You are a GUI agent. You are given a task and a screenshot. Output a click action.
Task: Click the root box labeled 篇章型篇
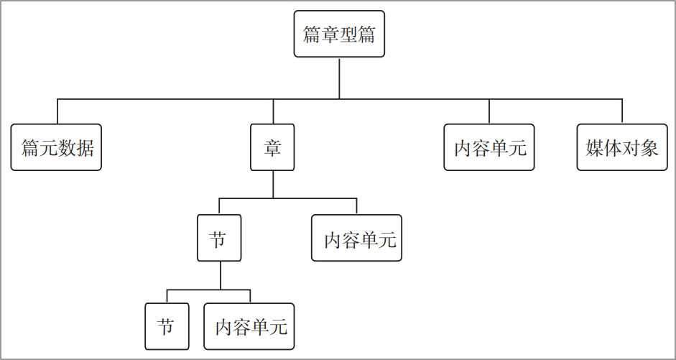point(339,34)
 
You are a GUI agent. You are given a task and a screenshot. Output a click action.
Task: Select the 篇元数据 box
point(56,147)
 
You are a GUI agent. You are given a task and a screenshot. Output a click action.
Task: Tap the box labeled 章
point(272,147)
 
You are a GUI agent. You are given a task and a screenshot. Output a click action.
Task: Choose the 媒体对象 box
point(622,147)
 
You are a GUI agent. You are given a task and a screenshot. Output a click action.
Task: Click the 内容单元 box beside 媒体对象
point(489,147)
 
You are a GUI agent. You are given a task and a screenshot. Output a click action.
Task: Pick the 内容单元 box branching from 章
point(356,238)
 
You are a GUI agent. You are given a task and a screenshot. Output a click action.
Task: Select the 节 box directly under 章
point(219,238)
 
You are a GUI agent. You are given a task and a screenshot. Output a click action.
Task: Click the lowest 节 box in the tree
point(167,326)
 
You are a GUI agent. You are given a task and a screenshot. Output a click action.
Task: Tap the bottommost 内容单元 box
point(249,326)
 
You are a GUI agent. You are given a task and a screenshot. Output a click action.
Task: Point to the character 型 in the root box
point(348,34)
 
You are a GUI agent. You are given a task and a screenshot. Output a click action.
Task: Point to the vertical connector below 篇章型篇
point(339,78)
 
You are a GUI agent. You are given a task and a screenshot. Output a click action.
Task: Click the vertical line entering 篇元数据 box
point(57,111)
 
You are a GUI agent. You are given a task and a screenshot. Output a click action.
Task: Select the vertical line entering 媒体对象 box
point(622,111)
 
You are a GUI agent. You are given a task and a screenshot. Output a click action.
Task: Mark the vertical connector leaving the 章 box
point(273,185)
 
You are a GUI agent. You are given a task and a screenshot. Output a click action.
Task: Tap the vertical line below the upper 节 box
point(221,275)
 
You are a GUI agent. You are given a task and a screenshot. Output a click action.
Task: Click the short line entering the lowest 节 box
point(167,296)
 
